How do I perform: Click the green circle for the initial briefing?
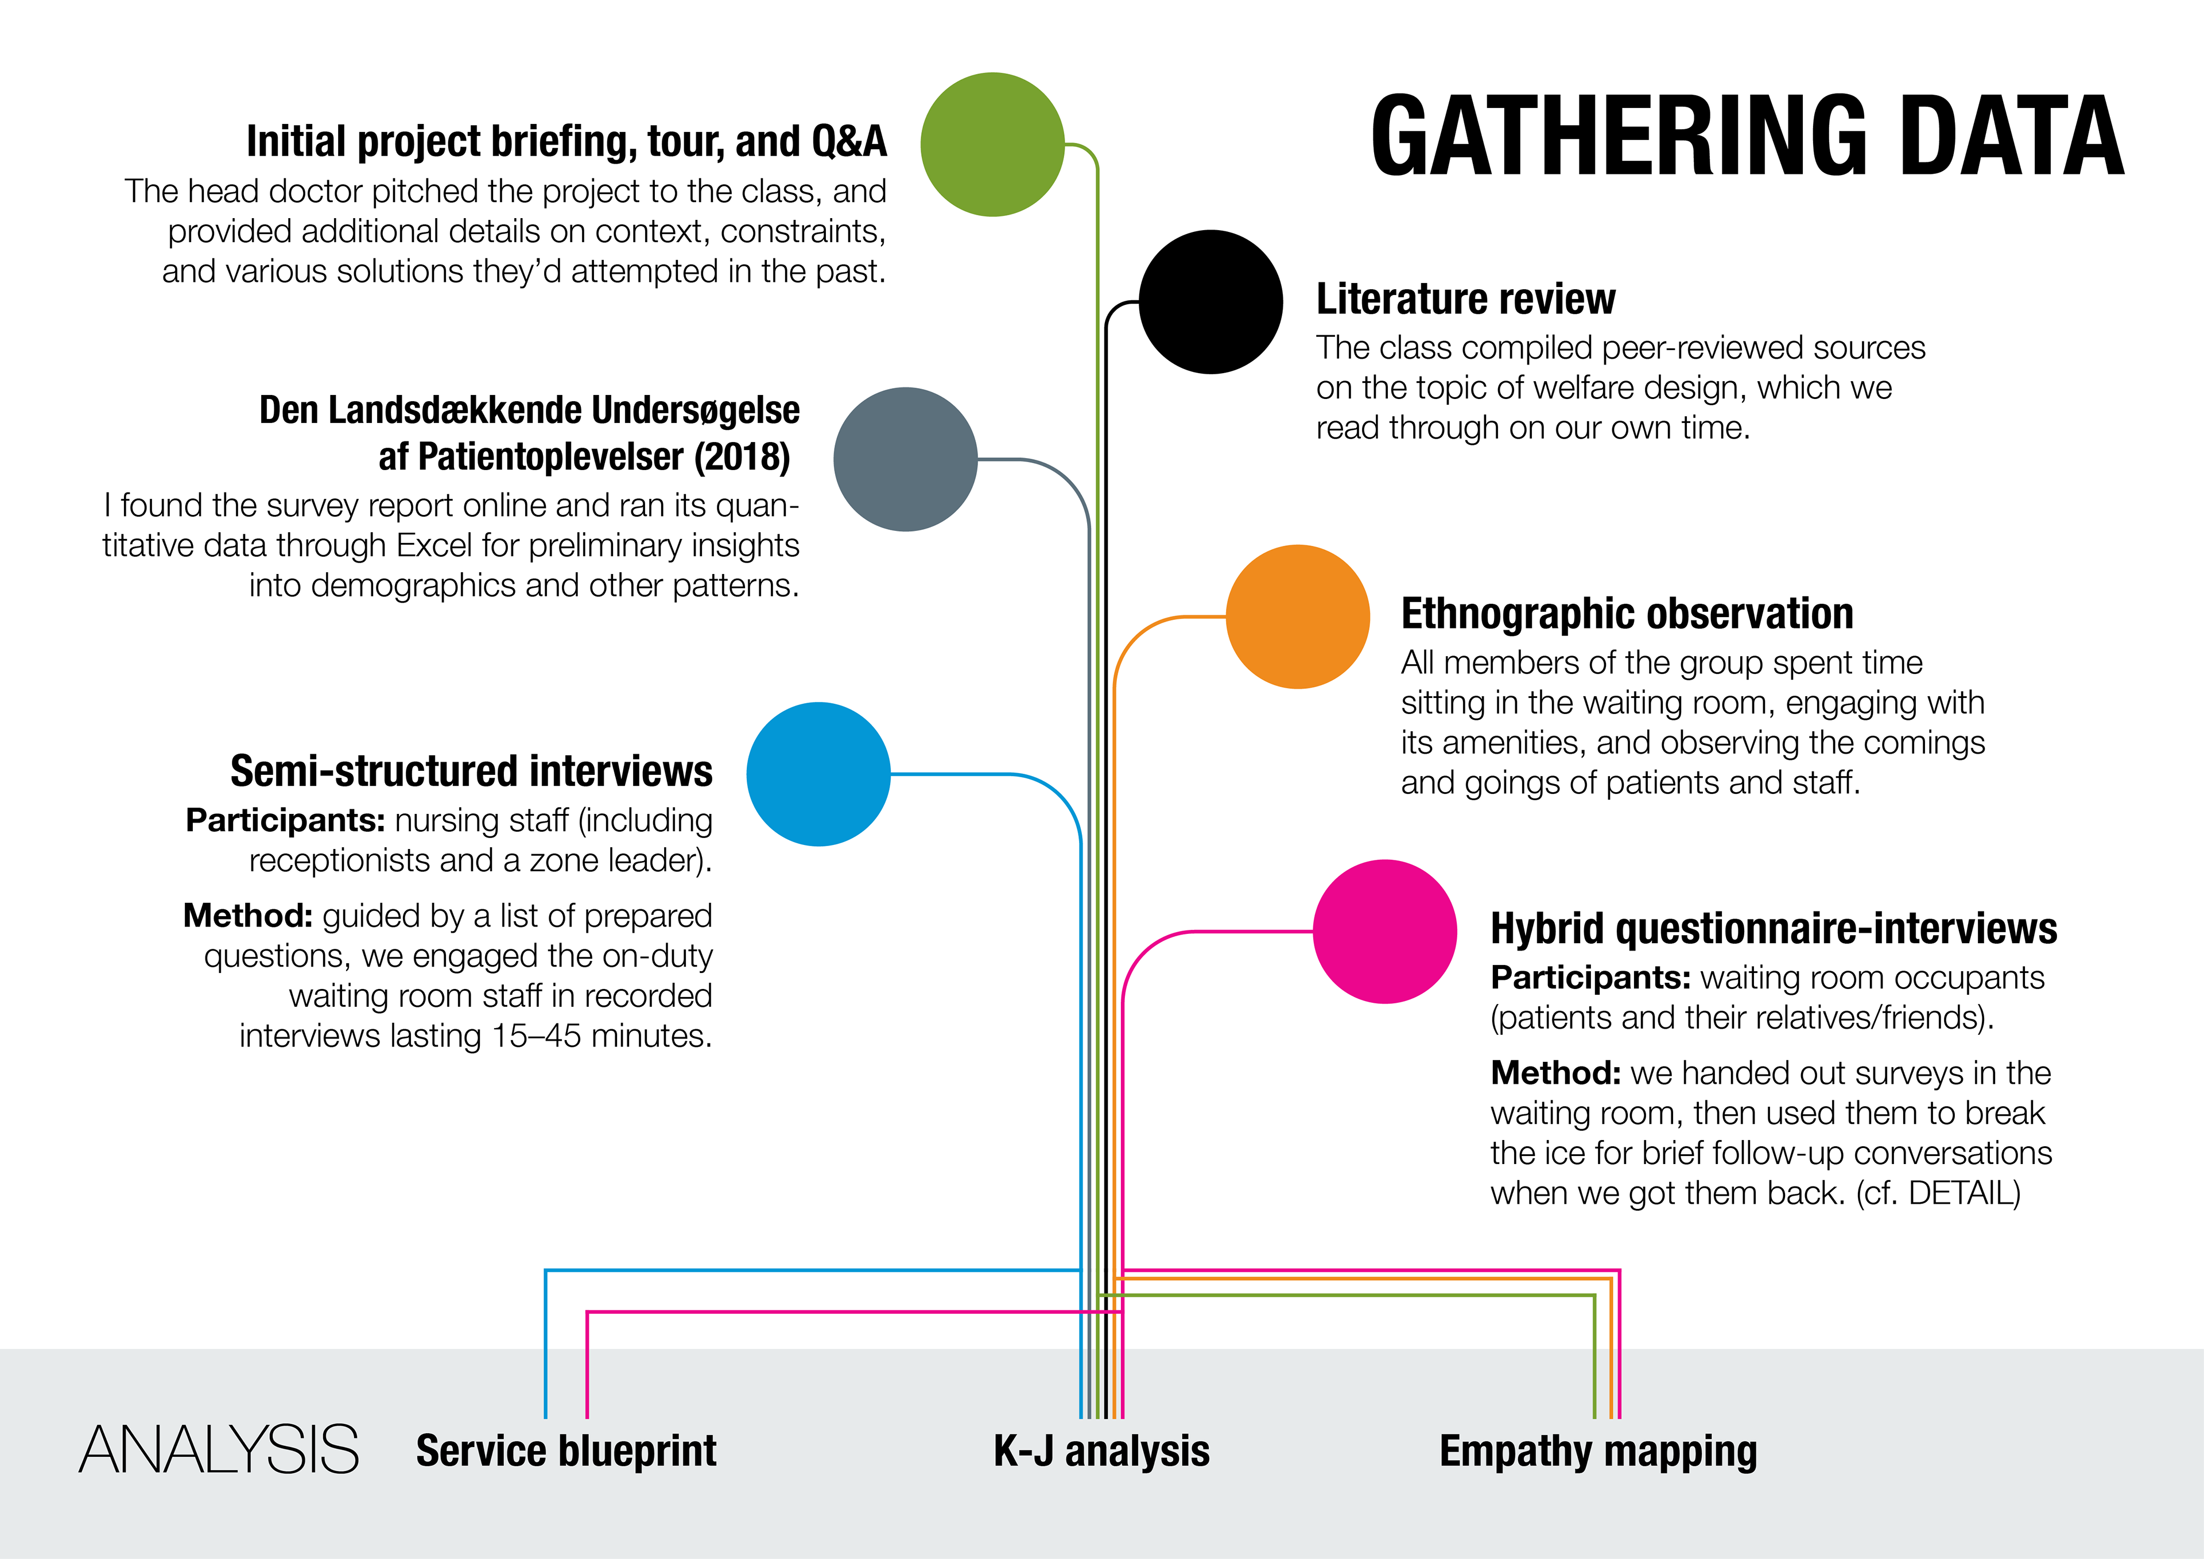[992, 144]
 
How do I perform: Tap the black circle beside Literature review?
[1210, 301]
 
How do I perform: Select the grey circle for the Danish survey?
[905, 459]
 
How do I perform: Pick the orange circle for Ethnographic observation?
[1298, 616]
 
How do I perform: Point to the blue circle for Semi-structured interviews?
[818, 774]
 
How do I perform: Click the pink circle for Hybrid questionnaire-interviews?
[1384, 931]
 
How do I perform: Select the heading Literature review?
[1465, 298]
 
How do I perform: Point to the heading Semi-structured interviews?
[471, 771]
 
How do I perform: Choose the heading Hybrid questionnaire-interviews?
[1773, 928]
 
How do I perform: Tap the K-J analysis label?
[1101, 1451]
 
